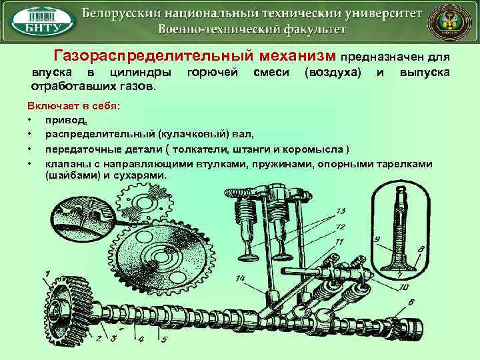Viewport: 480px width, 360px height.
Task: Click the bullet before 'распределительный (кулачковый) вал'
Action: pyautogui.click(x=31, y=133)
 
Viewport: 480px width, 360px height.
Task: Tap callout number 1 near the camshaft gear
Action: pyautogui.click(x=47, y=273)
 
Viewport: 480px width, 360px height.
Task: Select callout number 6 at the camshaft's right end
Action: pyautogui.click(x=411, y=303)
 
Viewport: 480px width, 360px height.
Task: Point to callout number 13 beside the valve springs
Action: pyautogui.click(x=340, y=211)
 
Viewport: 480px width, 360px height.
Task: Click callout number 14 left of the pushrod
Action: pyautogui.click(x=240, y=278)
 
